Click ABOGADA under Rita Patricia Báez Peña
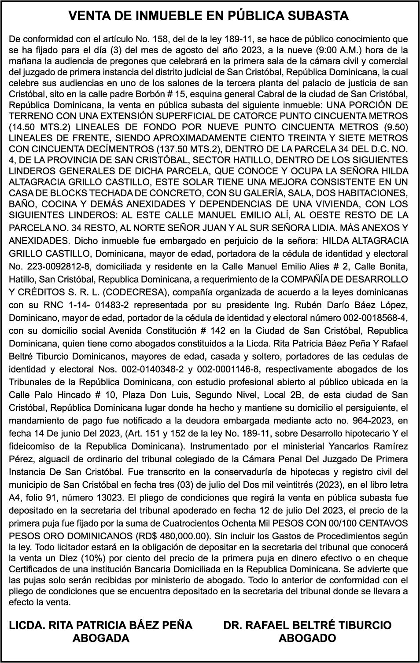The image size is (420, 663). point(101,638)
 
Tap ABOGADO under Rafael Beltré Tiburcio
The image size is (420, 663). point(307,638)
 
